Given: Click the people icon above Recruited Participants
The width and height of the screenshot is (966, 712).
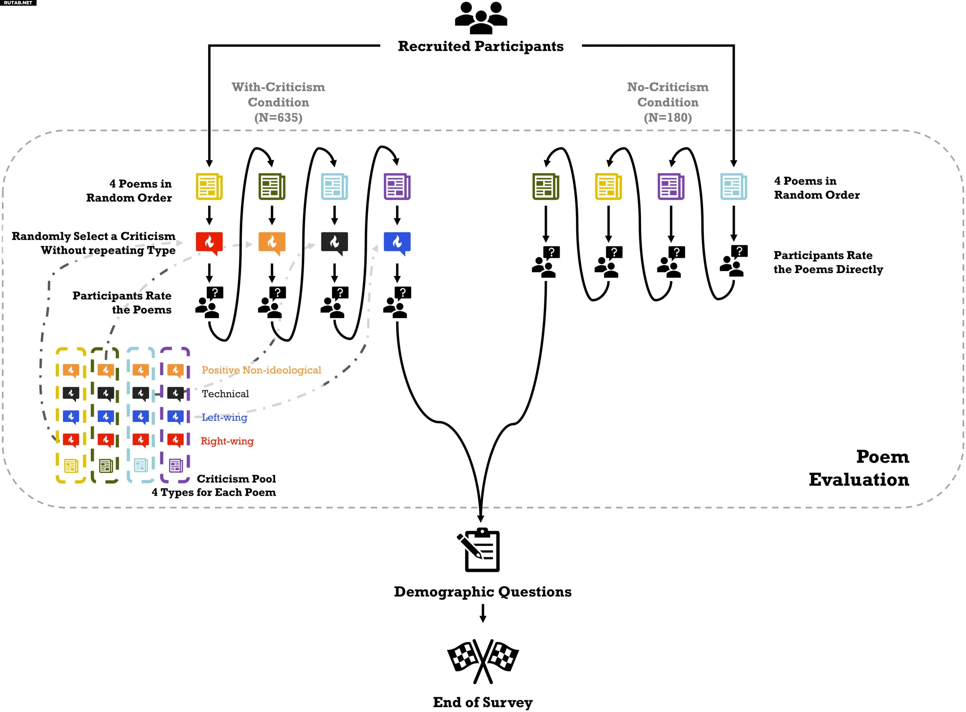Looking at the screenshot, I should coord(481,18).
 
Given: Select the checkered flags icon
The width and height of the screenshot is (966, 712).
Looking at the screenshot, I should coord(482,661).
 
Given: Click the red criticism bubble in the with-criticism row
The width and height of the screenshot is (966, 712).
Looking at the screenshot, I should coord(209,243).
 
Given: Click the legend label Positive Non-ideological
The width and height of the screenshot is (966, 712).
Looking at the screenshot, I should coord(261,370).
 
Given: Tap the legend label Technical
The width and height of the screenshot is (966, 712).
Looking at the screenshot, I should coord(225,394).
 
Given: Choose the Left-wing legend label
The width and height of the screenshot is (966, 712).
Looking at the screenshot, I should coord(224,418).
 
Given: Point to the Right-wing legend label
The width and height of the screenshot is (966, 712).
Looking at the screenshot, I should coord(227,441).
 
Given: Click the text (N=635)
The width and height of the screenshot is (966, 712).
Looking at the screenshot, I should coord(278,118).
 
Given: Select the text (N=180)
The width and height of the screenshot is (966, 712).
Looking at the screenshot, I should coord(668,118).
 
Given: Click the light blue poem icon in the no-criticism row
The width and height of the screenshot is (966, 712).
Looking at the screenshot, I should coord(733,186).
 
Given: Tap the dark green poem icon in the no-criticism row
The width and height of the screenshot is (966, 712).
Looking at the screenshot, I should coord(545,186).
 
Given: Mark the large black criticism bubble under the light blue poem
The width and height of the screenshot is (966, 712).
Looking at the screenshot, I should coord(334,243).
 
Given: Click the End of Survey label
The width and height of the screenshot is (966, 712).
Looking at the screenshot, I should coord(482,702).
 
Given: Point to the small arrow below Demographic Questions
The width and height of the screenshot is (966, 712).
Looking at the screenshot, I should coord(482,613).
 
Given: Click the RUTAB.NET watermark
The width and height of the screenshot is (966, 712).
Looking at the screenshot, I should coord(18,3).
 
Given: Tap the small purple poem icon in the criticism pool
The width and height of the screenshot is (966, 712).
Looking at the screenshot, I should coord(175,465).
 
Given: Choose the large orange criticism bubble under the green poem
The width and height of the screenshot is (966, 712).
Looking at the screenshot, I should coord(272,243).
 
